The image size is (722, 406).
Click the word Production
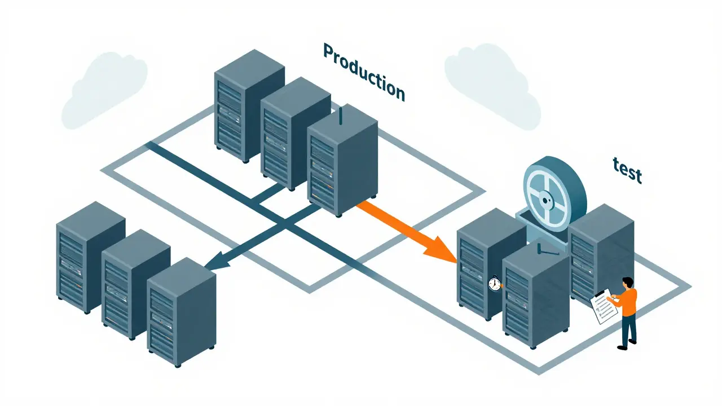click(364, 72)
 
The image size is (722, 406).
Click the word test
click(627, 170)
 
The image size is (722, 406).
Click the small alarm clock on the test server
click(495, 284)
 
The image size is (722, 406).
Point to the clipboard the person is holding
click(604, 306)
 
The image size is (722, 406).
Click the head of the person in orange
click(628, 283)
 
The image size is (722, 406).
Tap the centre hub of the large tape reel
click(545, 200)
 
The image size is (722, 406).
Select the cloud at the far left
click(104, 90)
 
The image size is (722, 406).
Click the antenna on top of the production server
click(341, 116)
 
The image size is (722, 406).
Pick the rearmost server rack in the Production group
click(249, 105)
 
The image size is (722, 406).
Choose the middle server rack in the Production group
click(296, 133)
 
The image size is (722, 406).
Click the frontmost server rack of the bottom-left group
click(182, 312)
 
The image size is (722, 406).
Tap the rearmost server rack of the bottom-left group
click(91, 257)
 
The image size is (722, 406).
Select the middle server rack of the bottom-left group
click(136, 284)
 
